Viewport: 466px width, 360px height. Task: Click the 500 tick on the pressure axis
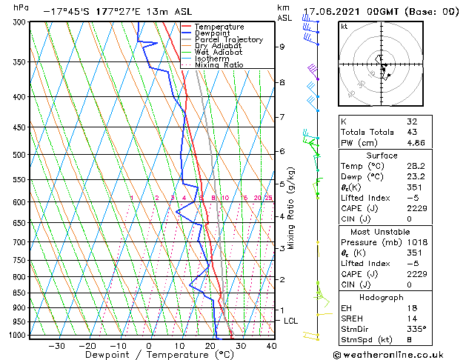click(x=17, y=155)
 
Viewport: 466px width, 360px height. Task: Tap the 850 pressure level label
click(x=17, y=293)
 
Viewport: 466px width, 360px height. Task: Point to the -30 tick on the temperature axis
click(x=56, y=345)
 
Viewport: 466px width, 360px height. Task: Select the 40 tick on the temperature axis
click(x=271, y=345)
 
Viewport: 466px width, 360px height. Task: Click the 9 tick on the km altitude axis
click(x=282, y=47)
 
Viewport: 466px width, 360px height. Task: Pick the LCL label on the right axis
click(x=290, y=321)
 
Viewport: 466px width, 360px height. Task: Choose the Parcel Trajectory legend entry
click(x=228, y=40)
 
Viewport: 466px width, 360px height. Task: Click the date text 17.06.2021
click(x=333, y=12)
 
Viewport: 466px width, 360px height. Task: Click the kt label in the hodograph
click(x=344, y=27)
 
